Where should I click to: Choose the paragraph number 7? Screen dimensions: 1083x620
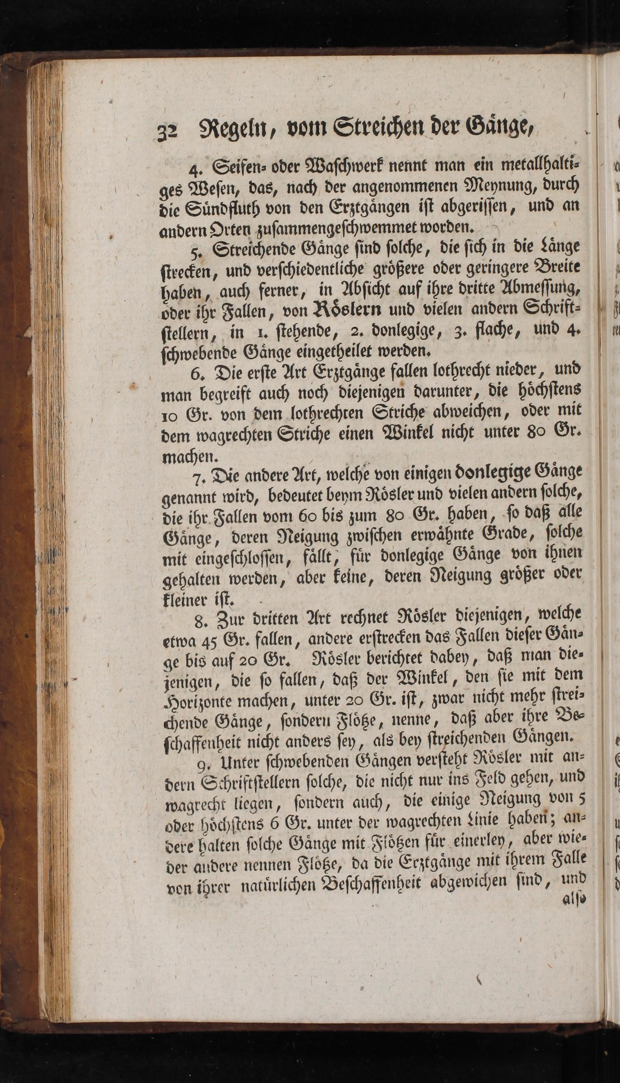pos(198,479)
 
